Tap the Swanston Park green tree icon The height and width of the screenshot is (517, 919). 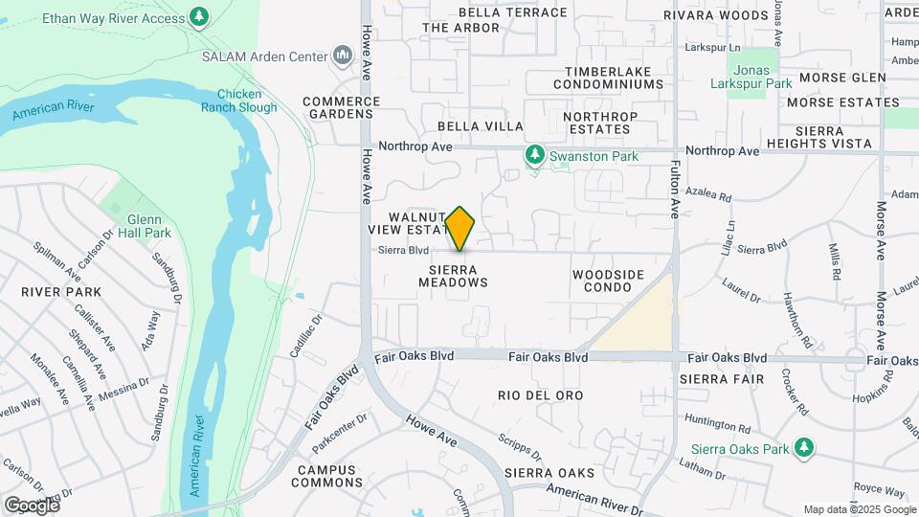pos(535,154)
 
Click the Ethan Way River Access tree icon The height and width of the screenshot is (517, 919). pos(199,16)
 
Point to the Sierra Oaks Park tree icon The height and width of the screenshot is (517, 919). pos(804,447)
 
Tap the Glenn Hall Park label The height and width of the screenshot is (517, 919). pos(144,225)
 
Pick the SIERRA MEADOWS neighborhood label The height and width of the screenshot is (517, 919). pos(453,276)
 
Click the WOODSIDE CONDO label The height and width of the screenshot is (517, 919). pos(609,281)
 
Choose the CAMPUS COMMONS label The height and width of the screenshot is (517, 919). pos(325,476)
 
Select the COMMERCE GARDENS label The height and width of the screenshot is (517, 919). pos(342,107)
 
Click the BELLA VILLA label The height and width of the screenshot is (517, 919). pos(481,126)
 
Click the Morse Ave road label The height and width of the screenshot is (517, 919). pos(882,230)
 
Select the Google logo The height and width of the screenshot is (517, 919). pos(31,505)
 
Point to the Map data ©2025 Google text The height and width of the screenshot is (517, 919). pos(858,509)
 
